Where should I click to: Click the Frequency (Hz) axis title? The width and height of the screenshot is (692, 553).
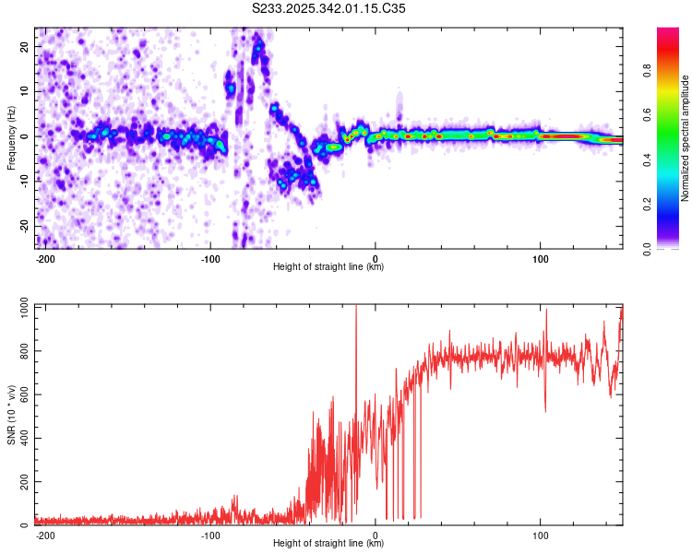(x=12, y=137)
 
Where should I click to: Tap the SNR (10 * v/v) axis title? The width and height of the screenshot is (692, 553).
(x=12, y=414)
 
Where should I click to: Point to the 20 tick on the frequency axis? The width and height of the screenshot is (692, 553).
(x=26, y=46)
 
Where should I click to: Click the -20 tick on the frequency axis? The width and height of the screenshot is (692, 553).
(x=24, y=226)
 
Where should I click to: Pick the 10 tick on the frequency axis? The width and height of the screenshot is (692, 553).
(x=26, y=91)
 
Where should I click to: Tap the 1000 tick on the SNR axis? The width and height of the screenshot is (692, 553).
(x=20, y=306)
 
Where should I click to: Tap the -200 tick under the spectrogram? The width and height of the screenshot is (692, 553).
(x=45, y=258)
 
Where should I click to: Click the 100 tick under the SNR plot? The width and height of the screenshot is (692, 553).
(x=540, y=535)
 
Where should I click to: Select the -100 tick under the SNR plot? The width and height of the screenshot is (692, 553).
(x=209, y=535)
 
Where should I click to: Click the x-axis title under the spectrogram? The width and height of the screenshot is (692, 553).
(x=328, y=267)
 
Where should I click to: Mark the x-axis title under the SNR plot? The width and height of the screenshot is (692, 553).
(x=328, y=544)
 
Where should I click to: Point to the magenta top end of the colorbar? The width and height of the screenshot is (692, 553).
(x=668, y=31)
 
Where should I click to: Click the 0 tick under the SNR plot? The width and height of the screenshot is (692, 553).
(x=376, y=535)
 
